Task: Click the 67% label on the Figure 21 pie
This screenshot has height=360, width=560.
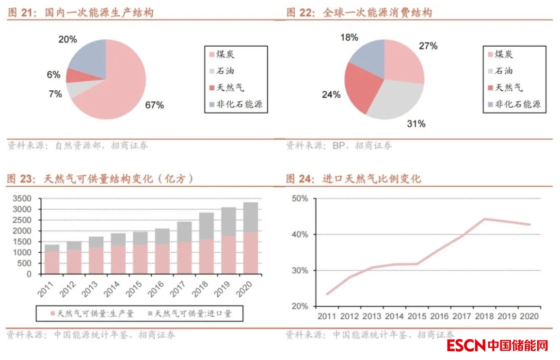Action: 155,105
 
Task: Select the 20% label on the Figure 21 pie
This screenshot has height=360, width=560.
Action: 67,39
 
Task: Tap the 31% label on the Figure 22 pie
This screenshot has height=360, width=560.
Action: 416,124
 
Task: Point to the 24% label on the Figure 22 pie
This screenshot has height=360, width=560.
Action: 331,94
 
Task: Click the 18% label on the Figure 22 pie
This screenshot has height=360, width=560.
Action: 349,37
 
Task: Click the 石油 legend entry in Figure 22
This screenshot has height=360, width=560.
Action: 503,71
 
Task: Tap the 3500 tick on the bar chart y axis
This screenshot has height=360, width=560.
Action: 22,198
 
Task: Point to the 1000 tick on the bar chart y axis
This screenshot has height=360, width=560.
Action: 22,252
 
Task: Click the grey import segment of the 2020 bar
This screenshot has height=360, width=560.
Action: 250,217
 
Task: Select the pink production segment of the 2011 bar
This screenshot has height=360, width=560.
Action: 52,262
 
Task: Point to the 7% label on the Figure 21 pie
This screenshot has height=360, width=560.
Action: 55,94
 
